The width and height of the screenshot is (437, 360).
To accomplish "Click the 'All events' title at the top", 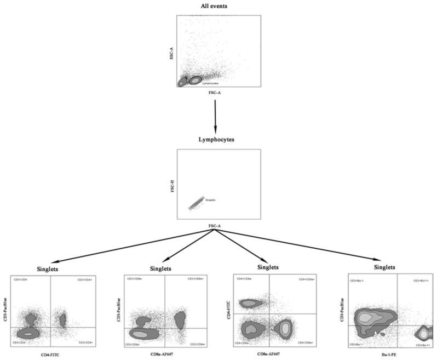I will coord(217,6).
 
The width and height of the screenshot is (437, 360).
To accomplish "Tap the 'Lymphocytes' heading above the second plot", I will coord(217,140).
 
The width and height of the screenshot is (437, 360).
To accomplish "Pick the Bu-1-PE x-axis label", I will coord(389,355).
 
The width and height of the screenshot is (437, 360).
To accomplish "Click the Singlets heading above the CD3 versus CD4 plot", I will coord(47,269).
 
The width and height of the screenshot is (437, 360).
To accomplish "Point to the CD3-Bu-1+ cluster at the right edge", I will coord(424,333).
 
